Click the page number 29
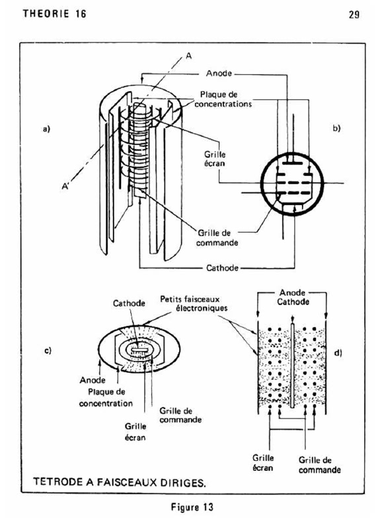[354, 15]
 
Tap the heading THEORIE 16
[55, 13]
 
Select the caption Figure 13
[192, 507]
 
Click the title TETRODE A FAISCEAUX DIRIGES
[120, 482]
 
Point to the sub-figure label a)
[46, 128]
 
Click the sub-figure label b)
[336, 128]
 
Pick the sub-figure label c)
[48, 350]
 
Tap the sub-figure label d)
[338, 353]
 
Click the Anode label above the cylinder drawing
[219, 73]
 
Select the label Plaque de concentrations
[223, 99]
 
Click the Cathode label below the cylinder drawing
[223, 268]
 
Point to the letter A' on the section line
[65, 186]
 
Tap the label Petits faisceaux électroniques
[194, 304]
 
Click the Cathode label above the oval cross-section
[129, 304]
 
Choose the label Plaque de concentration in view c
[106, 398]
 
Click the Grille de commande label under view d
[320, 465]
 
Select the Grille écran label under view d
[263, 462]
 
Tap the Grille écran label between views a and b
[215, 159]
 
